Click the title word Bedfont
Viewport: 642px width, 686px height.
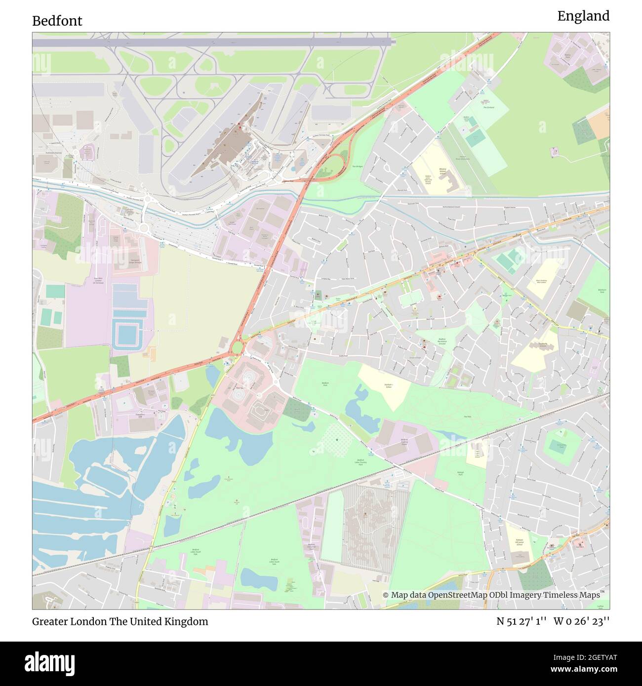[x=57, y=21]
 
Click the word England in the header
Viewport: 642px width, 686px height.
[x=583, y=16]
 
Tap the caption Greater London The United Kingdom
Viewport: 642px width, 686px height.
[x=120, y=621]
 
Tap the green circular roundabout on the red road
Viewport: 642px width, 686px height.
[x=238, y=347]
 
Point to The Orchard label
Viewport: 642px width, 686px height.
[x=488, y=107]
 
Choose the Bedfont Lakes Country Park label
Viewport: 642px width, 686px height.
[x=361, y=462]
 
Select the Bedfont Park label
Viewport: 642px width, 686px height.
[x=325, y=383]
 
